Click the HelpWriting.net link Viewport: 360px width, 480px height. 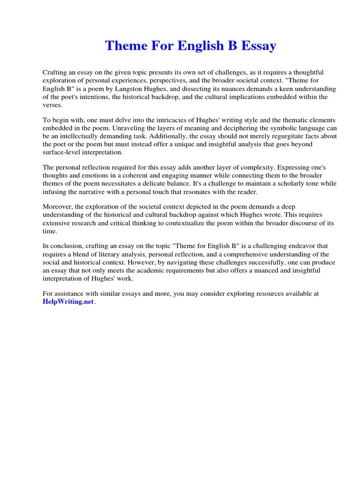68,302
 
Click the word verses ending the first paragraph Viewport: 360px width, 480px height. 52,105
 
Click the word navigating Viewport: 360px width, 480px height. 170,262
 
